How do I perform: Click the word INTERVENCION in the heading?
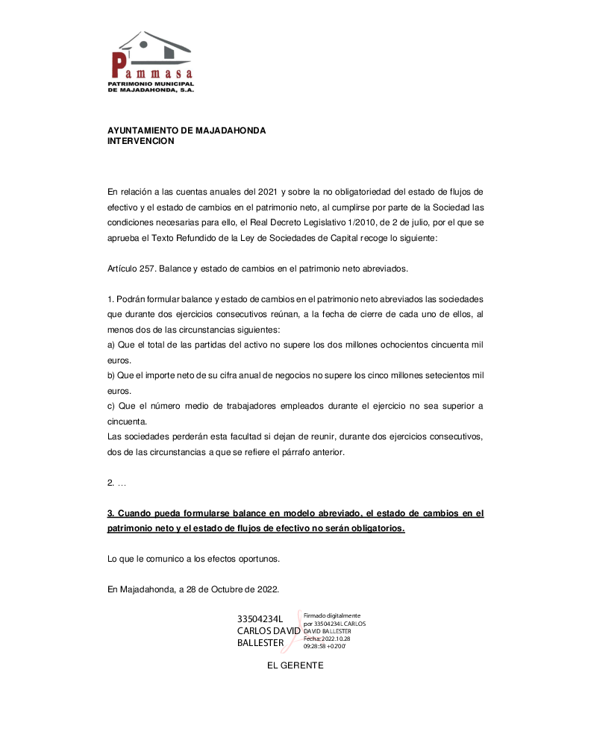point(141,141)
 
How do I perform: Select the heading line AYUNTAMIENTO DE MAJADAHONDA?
point(187,131)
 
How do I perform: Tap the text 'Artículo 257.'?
point(130,267)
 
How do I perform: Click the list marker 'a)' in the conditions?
point(112,345)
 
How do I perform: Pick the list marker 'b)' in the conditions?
point(112,375)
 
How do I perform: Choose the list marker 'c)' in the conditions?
point(112,406)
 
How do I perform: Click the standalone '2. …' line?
point(116,483)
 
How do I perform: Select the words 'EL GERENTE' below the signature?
point(295,665)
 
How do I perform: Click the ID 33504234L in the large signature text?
point(260,619)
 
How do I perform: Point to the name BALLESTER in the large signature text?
point(260,643)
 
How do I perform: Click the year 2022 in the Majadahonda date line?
point(266,589)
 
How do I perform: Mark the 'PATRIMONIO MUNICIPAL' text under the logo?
point(151,84)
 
